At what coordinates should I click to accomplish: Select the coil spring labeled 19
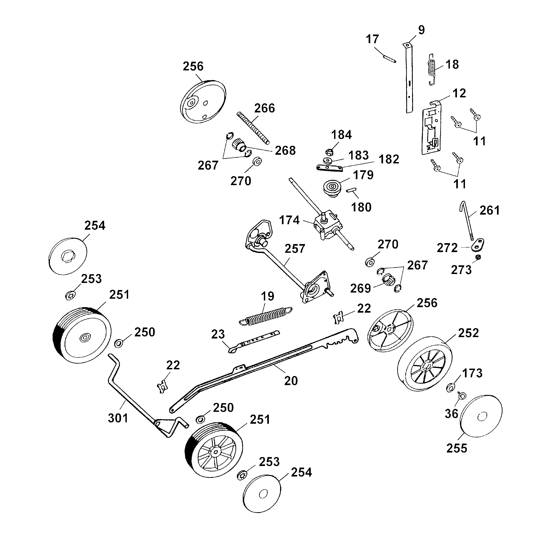(265, 316)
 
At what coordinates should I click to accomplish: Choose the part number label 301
(118, 418)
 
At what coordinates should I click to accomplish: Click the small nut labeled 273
(478, 257)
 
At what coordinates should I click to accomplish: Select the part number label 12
(459, 93)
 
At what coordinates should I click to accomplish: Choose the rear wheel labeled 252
(425, 364)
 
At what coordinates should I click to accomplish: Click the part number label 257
(295, 248)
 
